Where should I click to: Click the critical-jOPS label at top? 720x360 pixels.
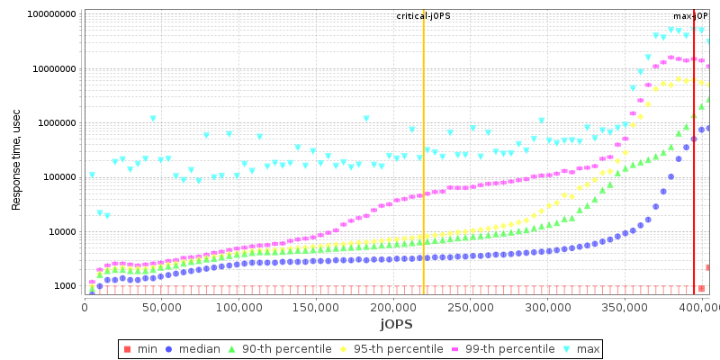click(x=424, y=16)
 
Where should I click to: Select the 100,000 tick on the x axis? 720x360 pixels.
click(x=238, y=308)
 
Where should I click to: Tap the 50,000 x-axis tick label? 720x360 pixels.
click(x=161, y=308)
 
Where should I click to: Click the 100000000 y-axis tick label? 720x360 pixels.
click(x=50, y=15)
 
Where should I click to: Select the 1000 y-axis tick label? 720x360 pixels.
click(x=65, y=286)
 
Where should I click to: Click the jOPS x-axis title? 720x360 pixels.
click(x=396, y=324)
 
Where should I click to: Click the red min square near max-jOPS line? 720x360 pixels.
click(x=702, y=289)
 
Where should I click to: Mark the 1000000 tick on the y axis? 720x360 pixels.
click(x=56, y=123)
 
